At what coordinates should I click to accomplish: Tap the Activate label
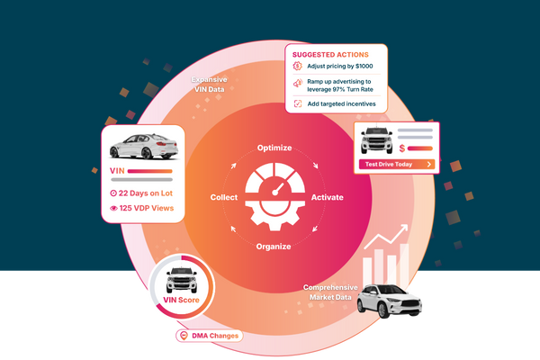click(x=327, y=197)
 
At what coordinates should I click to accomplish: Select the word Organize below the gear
click(x=273, y=246)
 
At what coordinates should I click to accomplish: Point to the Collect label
click(x=224, y=197)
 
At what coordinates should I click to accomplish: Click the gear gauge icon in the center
click(x=274, y=194)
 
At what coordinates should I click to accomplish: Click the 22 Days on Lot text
click(x=143, y=193)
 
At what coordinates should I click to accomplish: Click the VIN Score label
click(x=183, y=300)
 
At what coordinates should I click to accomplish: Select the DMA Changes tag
click(x=210, y=336)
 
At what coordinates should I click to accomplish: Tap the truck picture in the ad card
click(x=374, y=141)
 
